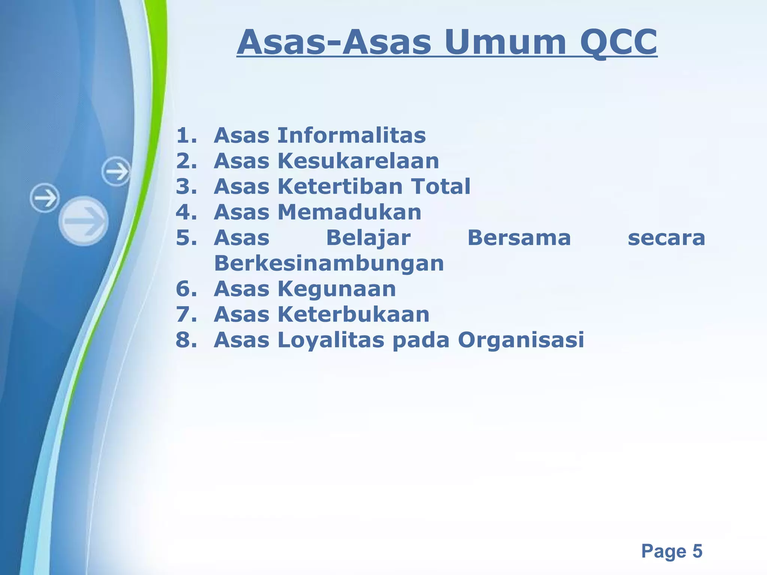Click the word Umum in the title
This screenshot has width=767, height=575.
[506, 42]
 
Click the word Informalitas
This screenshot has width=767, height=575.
[351, 135]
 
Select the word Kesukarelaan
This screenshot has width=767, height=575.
[358, 161]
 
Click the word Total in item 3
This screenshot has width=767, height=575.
[441, 186]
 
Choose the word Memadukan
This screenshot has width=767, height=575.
[349, 212]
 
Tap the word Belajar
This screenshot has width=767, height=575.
[368, 238]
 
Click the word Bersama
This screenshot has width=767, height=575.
[519, 238]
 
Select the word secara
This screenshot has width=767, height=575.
[666, 238]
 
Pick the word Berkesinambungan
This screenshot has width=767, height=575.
[329, 264]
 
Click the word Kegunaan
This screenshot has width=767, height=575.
[336, 289]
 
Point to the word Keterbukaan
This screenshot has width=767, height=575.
[353, 314]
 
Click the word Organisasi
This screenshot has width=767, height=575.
[521, 340]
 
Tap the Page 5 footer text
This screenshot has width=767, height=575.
[671, 551]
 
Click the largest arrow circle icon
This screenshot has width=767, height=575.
[84, 221]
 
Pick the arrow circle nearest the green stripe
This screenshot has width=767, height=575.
[116, 171]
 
